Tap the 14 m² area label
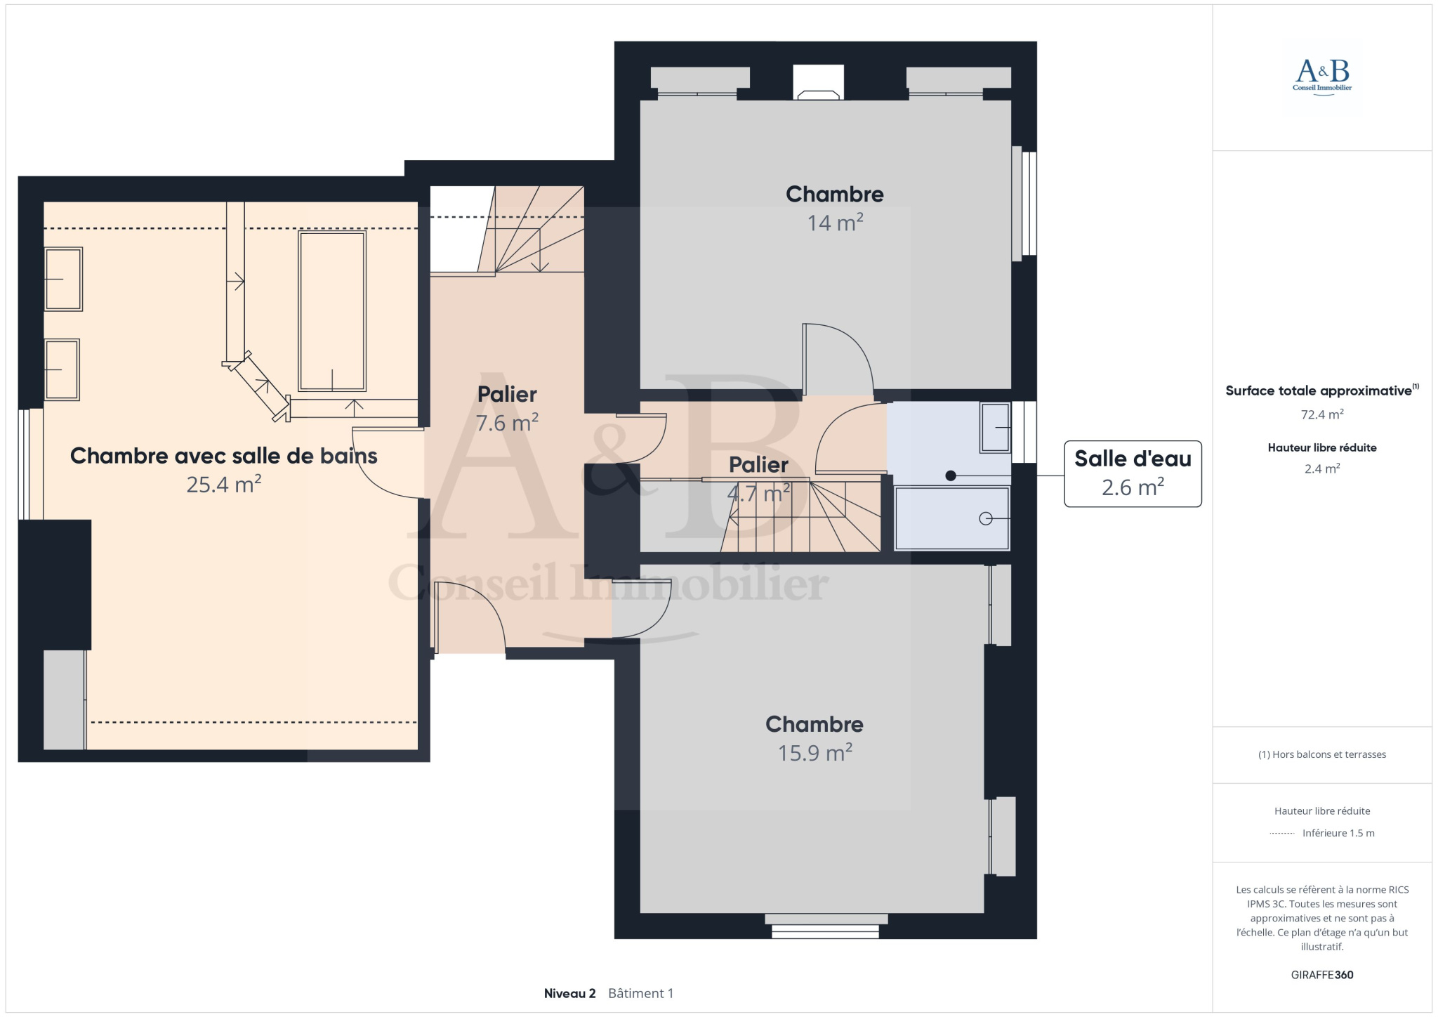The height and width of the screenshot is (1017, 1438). click(835, 223)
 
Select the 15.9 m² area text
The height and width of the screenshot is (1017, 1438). click(814, 753)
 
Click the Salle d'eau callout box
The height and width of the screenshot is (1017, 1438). click(1133, 473)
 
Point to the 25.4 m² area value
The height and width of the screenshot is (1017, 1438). click(224, 485)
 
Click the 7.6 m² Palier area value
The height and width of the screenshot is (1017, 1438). click(507, 423)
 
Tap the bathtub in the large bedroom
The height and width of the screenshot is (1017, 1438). click(332, 311)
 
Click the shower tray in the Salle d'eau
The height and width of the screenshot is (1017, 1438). click(952, 518)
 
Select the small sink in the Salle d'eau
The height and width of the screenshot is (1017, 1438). click(995, 428)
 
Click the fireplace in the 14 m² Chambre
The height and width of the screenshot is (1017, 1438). click(819, 82)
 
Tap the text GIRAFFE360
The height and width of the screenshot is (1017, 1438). click(1322, 975)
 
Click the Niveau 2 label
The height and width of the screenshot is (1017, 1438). click(569, 993)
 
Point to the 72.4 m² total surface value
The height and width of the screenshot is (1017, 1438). click(1322, 414)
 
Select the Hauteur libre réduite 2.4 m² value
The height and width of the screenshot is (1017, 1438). click(1322, 468)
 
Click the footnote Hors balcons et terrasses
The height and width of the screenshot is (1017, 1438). click(1322, 754)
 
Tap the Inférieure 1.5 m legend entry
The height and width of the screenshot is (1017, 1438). click(1338, 833)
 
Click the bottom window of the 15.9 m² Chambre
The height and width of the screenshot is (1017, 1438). click(826, 926)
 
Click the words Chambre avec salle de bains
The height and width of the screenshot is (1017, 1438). click(224, 456)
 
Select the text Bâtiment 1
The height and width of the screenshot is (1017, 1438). click(640, 993)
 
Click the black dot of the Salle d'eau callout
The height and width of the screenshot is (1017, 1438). click(951, 475)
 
